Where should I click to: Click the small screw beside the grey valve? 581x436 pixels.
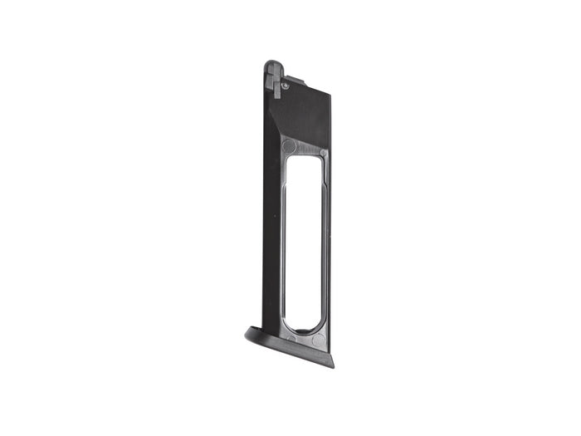(x=286, y=85)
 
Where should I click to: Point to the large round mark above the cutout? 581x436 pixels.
(x=288, y=146)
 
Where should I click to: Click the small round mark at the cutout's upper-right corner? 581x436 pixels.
(x=322, y=151)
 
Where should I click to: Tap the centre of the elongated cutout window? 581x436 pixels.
(x=303, y=246)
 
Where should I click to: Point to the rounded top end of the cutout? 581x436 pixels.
(x=305, y=160)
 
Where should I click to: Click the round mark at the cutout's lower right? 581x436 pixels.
(x=319, y=340)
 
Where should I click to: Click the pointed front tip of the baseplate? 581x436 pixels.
(x=248, y=334)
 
